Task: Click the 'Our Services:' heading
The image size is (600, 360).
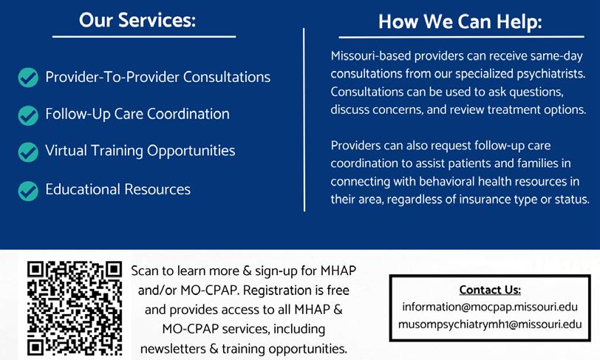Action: click(x=137, y=20)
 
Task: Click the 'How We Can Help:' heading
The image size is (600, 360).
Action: click(x=460, y=21)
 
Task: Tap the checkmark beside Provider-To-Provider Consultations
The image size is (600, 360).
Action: click(x=28, y=78)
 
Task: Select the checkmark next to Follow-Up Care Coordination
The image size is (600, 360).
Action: click(x=28, y=115)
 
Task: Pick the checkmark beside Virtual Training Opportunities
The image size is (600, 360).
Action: click(x=28, y=152)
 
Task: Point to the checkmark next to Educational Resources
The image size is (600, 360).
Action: click(x=28, y=190)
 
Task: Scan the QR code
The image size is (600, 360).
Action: click(x=74, y=308)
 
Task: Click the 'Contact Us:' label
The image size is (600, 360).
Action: click(x=490, y=289)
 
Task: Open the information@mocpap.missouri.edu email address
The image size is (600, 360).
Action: click(x=490, y=307)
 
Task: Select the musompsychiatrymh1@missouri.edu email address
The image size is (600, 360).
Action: click(x=490, y=324)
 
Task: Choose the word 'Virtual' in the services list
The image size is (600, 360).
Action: click(x=64, y=151)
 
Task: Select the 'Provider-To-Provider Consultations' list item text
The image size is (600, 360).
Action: click(x=157, y=77)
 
